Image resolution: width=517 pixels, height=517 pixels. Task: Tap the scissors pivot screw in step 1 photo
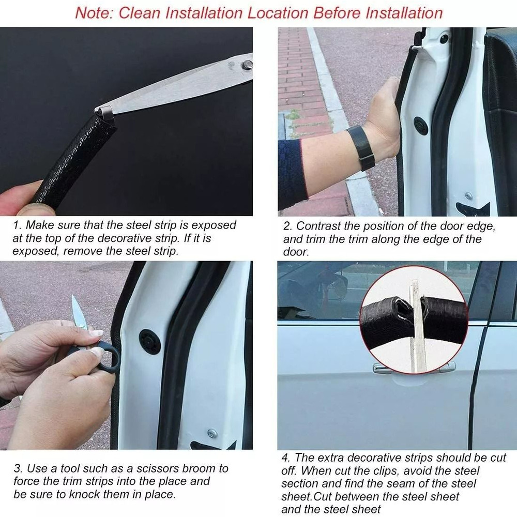pos(248,65)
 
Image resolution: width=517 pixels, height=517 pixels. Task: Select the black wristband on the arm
pos(361,147)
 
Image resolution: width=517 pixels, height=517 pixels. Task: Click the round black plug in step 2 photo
pos(421,126)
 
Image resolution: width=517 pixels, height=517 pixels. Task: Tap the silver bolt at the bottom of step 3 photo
pos(212,433)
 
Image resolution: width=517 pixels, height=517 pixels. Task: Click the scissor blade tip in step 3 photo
pos(74,300)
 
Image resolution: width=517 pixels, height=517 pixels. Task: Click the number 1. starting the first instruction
pos(18,225)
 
